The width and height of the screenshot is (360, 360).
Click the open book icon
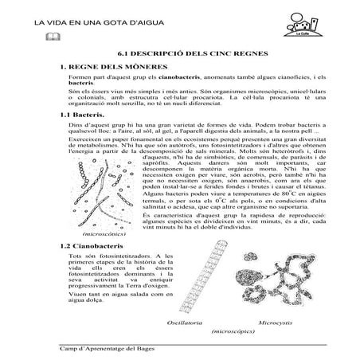[x=53, y=37]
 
